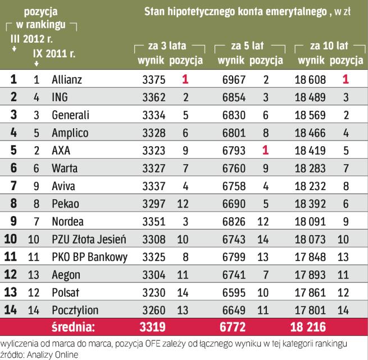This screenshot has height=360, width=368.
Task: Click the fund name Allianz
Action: click(x=66, y=80)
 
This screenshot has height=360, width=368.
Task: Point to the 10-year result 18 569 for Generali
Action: click(x=311, y=115)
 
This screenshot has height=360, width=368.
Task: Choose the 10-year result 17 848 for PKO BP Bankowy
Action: click(x=311, y=258)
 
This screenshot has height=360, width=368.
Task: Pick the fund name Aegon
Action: click(x=65, y=274)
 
